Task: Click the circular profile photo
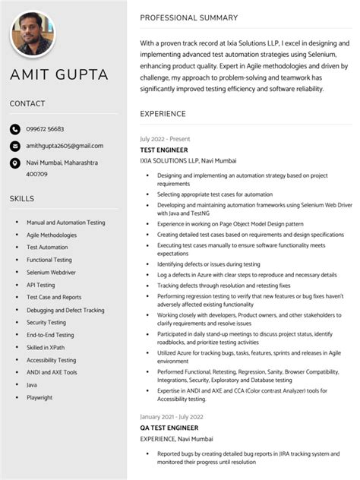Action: point(32,33)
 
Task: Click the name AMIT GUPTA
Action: point(58,74)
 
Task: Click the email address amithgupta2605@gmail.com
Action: point(65,146)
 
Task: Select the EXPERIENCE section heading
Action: point(163,114)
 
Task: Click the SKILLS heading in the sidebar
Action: point(21,198)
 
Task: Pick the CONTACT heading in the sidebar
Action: point(27,103)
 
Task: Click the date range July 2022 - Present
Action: point(165,140)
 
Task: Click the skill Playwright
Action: point(39,397)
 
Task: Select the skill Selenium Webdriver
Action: point(51,273)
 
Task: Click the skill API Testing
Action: point(41,285)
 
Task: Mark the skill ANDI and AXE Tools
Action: point(52,372)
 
